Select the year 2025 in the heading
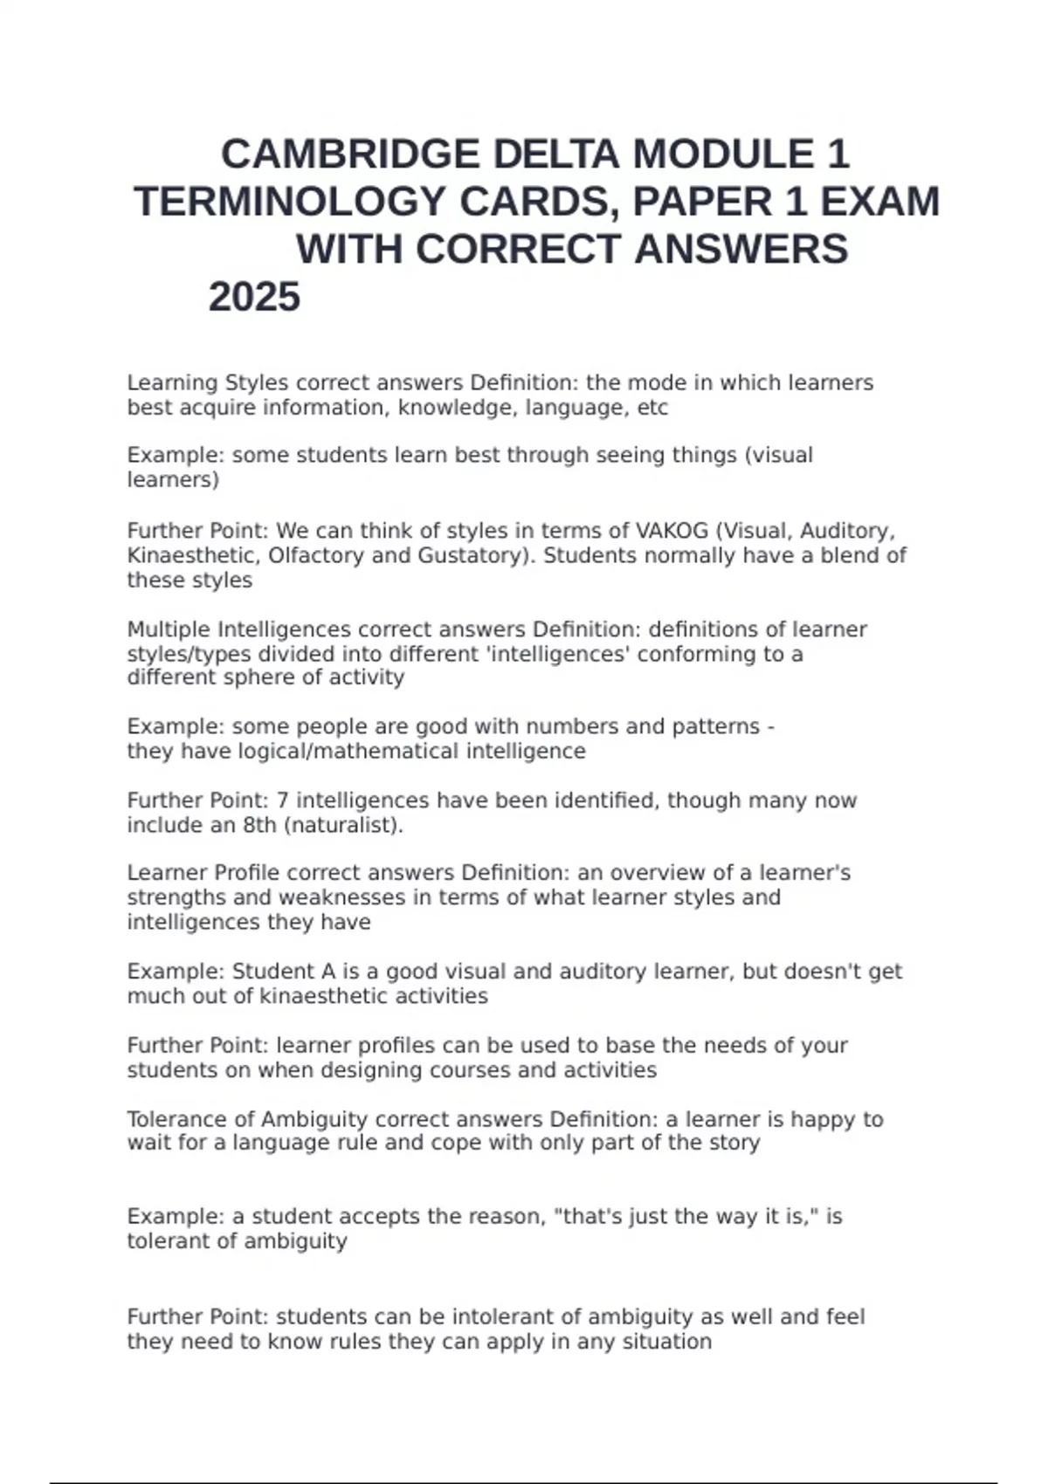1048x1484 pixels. point(254,297)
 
